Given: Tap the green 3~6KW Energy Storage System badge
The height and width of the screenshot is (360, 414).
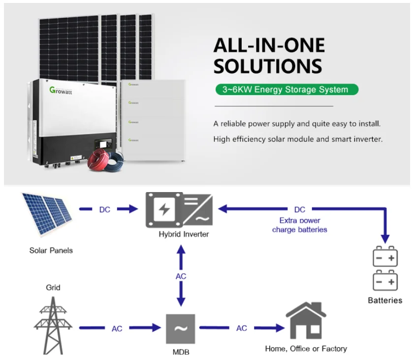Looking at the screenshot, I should [x=287, y=90].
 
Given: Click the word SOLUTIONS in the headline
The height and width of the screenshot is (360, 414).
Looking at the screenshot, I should [x=268, y=66].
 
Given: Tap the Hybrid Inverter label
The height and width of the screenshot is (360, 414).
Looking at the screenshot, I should [x=184, y=234].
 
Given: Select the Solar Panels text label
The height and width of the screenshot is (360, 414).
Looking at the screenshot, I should [x=51, y=250].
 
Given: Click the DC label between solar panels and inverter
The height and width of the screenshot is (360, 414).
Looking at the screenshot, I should [x=105, y=209].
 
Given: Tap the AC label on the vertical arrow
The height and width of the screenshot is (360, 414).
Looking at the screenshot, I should [x=181, y=276].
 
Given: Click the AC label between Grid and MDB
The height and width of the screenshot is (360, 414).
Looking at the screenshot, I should [x=117, y=328].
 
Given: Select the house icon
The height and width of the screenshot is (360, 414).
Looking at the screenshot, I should [x=306, y=321].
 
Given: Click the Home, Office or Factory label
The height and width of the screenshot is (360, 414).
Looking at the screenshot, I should [x=306, y=349].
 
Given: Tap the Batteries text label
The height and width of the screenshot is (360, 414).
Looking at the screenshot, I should [x=385, y=300].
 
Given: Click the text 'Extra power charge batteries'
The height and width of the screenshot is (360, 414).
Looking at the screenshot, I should [x=299, y=225].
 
